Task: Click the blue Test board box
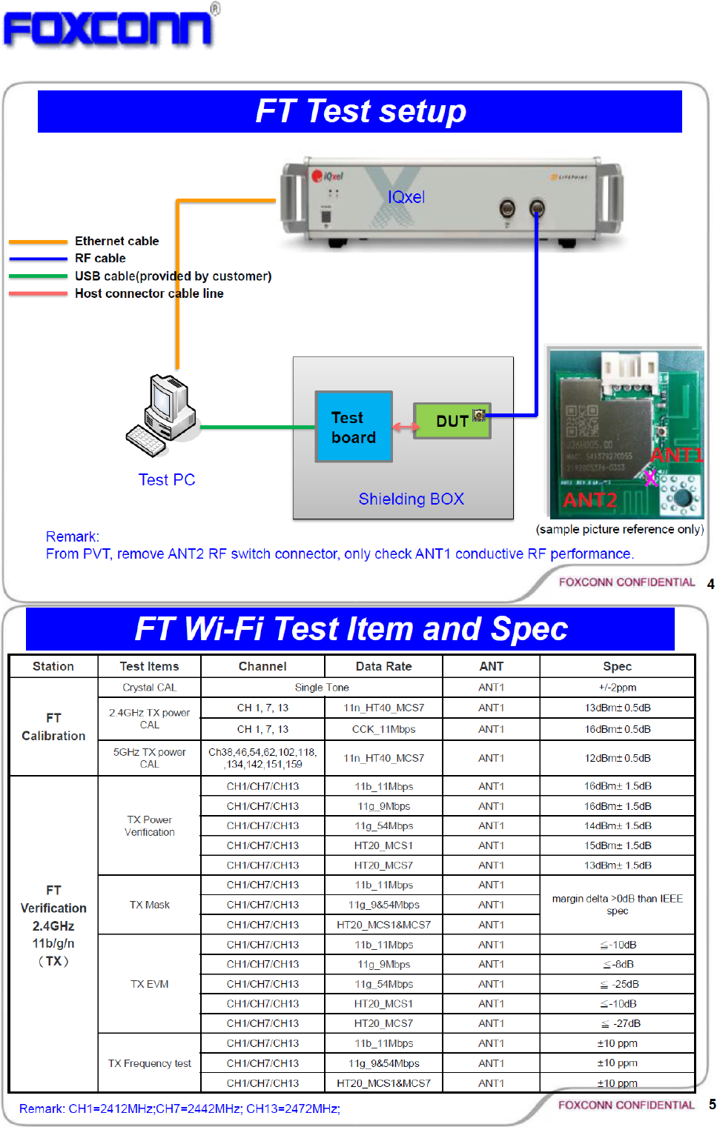point(354,427)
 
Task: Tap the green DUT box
point(451,421)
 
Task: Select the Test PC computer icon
point(162,415)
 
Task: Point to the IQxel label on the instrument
point(406,197)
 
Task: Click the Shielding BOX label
point(411,499)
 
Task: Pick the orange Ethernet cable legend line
point(38,242)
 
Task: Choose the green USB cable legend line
point(38,276)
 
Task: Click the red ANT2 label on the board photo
point(589,500)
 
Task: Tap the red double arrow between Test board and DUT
point(403,428)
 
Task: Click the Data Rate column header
point(383,666)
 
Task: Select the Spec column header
point(617,666)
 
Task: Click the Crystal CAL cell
point(149,688)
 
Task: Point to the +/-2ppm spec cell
point(617,688)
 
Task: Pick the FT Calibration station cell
point(53,727)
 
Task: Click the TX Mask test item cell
point(149,905)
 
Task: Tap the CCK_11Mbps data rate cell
point(383,729)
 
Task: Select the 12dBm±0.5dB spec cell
point(617,758)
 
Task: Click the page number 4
point(710,584)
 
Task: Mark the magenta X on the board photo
point(650,478)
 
